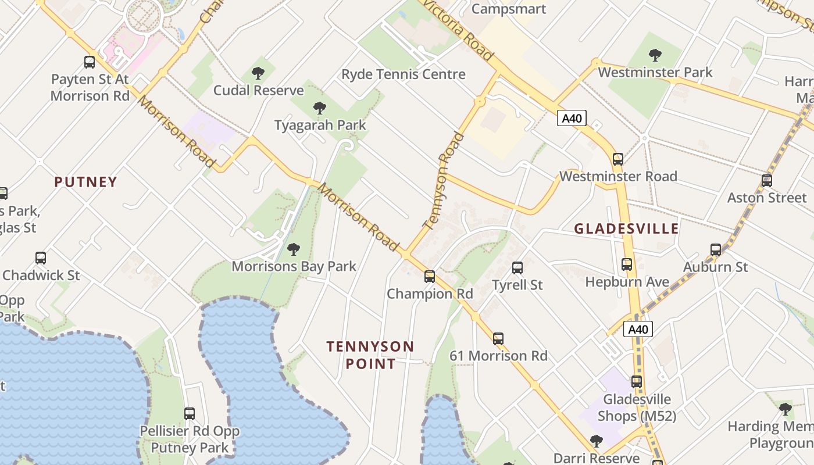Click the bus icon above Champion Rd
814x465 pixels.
click(x=430, y=277)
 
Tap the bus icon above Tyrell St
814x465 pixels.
click(x=517, y=268)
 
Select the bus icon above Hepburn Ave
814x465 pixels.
click(x=627, y=264)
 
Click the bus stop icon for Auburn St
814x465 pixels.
click(x=716, y=250)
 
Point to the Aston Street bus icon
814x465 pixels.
click(x=767, y=181)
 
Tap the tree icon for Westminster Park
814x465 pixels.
click(x=655, y=55)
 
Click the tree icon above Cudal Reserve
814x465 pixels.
click(x=258, y=73)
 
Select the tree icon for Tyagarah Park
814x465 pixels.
click(x=319, y=108)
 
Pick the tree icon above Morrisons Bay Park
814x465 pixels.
click(x=294, y=249)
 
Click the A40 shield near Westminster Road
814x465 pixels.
click(x=572, y=119)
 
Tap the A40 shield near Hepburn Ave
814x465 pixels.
click(x=638, y=330)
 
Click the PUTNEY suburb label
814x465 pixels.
click(x=86, y=182)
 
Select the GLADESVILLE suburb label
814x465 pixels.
click(x=626, y=228)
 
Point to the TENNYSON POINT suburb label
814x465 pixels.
click(x=370, y=355)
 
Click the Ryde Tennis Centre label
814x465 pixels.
click(x=404, y=74)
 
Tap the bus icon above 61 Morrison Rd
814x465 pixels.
click(x=498, y=339)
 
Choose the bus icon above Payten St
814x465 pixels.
click(x=90, y=62)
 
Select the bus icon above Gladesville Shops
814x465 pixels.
click(x=637, y=382)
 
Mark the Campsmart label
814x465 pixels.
click(x=509, y=9)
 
